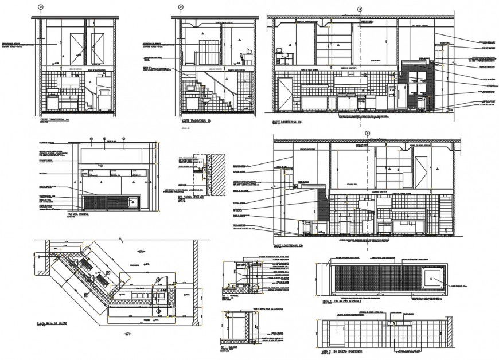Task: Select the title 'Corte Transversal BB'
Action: (x=197, y=120)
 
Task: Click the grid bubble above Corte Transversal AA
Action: (x=40, y=7)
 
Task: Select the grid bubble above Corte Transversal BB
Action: (x=181, y=7)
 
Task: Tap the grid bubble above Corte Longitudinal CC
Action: (x=360, y=9)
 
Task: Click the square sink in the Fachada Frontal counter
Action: (x=132, y=202)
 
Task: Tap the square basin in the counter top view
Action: (x=432, y=279)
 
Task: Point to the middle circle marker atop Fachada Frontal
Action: (x=105, y=139)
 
